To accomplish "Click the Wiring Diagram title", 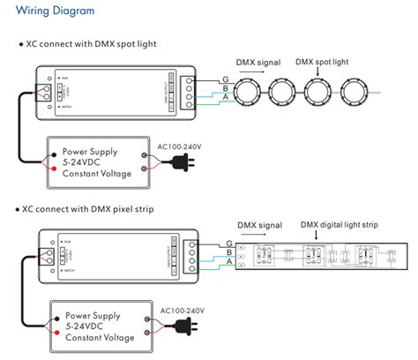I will point(47,13).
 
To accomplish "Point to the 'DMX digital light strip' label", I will point(340,225).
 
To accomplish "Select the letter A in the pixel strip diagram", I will point(229,262).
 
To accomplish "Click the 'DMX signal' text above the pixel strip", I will point(261,225).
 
